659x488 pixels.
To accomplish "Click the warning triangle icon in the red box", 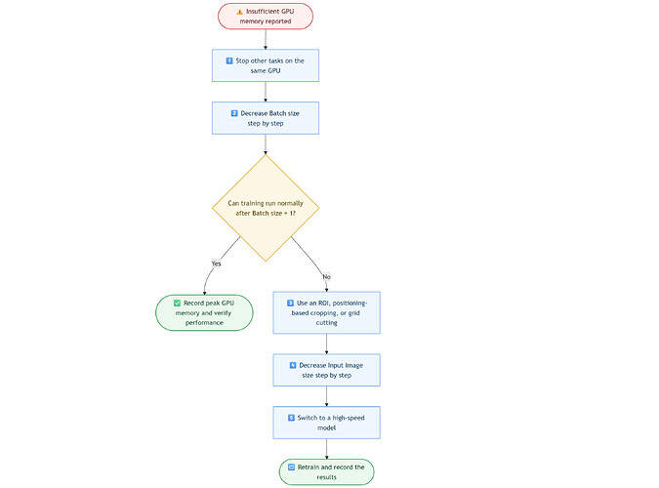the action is (239, 12).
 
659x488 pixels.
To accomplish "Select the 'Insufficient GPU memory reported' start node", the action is (266, 17).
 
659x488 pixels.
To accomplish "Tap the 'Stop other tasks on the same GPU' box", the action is (266, 65).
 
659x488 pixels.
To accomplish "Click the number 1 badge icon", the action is (229, 61).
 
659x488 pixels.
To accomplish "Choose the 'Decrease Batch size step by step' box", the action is (266, 118).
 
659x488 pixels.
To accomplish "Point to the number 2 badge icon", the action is (234, 113).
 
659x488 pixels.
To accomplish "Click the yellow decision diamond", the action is (266, 208).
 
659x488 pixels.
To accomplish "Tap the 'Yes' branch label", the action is (216, 264).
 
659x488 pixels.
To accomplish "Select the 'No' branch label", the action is (326, 276).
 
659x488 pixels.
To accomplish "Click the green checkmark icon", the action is (178, 304).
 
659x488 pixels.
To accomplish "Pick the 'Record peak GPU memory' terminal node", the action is (204, 312).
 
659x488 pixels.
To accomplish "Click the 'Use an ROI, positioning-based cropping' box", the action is (326, 312).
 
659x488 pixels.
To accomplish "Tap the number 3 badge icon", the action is (290, 304).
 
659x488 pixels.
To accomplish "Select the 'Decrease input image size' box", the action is (326, 370).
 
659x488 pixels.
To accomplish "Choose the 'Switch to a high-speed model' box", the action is (326, 423).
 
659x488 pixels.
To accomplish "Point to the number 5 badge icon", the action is (291, 418).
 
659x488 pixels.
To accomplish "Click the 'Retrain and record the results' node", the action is (326, 472).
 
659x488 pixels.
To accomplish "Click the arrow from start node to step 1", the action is (266, 39).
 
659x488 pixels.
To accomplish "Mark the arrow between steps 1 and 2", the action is (266, 92).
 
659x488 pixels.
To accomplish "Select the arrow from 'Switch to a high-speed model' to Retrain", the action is (326, 449).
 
